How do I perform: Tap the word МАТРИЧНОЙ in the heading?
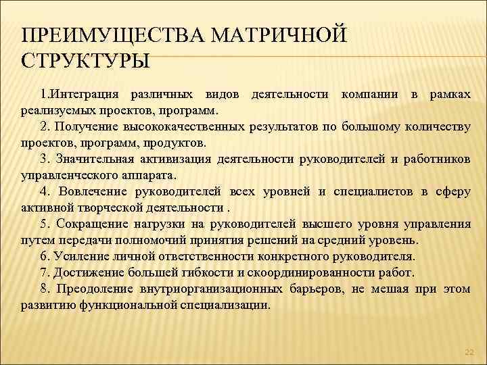(292, 34)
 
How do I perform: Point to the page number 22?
(469, 353)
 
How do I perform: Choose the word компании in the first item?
(369, 93)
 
